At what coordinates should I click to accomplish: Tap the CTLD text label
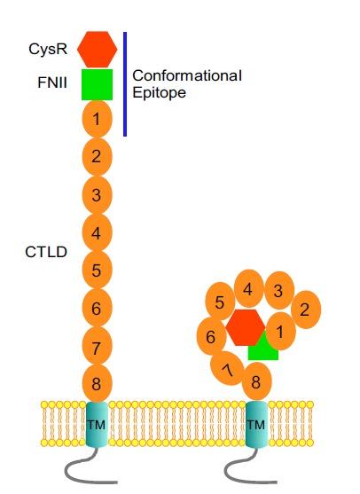pyautogui.click(x=44, y=252)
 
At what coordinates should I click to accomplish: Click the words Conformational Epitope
pyautogui.click(x=186, y=84)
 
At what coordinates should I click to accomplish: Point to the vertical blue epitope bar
pyautogui.click(x=125, y=84)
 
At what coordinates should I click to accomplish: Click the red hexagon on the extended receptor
pyautogui.click(x=97, y=49)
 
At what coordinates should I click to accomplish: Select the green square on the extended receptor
pyautogui.click(x=97, y=84)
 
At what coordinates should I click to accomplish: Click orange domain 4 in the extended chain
pyautogui.click(x=97, y=232)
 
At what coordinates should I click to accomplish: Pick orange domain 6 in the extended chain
pyautogui.click(x=97, y=309)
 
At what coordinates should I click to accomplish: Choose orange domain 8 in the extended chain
pyautogui.click(x=97, y=383)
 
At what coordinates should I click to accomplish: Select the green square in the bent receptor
pyautogui.click(x=263, y=350)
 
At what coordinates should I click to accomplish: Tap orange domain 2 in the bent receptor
pyautogui.click(x=304, y=310)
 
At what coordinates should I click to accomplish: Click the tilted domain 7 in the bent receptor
pyautogui.click(x=226, y=367)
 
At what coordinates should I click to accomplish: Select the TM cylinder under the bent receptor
pyautogui.click(x=255, y=424)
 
